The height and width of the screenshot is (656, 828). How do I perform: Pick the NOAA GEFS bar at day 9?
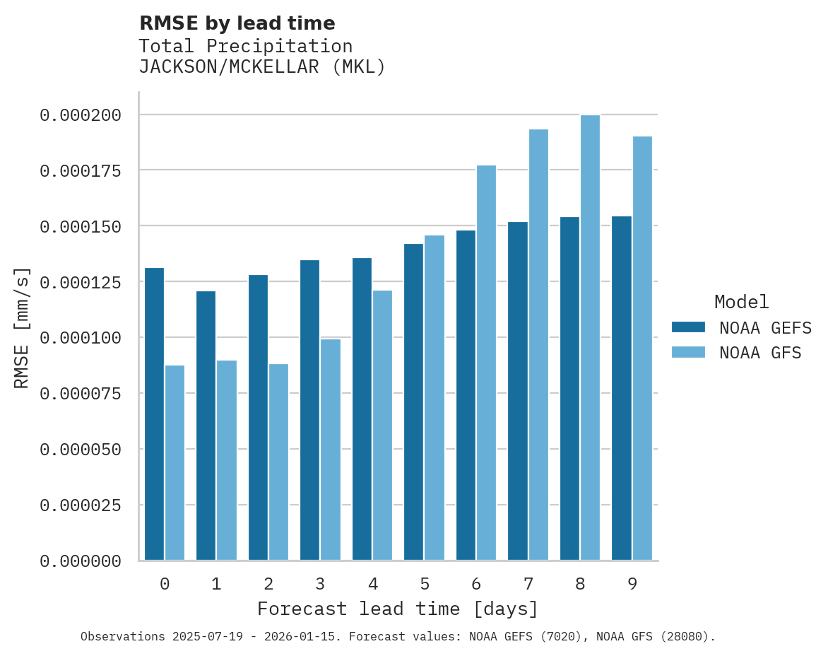point(622,388)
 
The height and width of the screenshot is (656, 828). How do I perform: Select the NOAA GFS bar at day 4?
point(382,425)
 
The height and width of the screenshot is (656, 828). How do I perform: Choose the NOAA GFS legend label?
point(760,353)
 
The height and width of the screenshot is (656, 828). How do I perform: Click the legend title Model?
point(741,302)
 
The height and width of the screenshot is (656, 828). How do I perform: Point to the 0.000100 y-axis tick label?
point(80,338)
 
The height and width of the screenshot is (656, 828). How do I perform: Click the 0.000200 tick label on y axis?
point(80,115)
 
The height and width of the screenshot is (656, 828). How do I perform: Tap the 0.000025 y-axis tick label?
point(80,505)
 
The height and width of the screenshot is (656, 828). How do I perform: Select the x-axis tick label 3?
point(320,584)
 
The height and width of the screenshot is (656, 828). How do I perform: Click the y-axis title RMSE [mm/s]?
point(22,327)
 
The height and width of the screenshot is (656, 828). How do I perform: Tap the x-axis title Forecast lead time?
point(398,609)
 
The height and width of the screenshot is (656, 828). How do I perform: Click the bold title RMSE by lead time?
point(237,23)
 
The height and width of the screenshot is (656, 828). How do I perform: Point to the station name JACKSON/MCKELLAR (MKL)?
point(262,67)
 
